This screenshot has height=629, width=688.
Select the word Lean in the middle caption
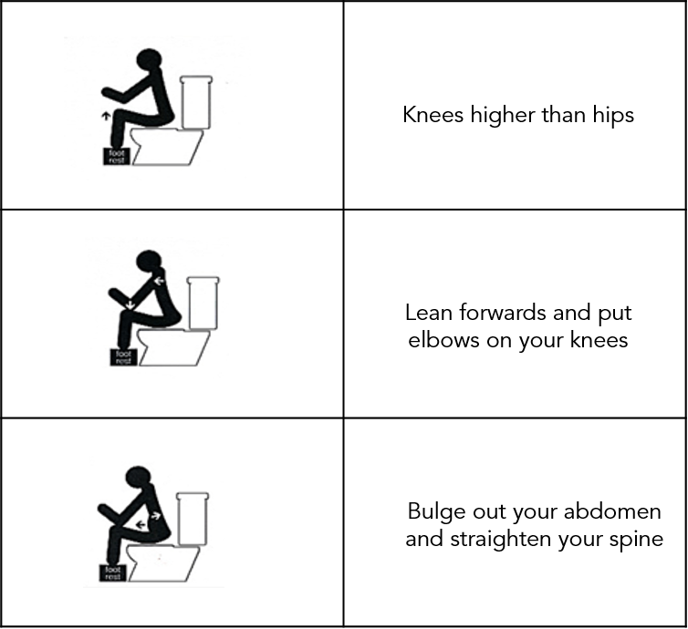[x=429, y=313]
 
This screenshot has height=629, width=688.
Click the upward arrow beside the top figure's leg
[x=106, y=117]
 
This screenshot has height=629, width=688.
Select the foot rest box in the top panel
[x=116, y=155]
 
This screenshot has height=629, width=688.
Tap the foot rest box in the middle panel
[x=122, y=356]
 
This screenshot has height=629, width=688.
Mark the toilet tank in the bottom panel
[x=192, y=517]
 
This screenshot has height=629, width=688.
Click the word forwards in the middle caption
[x=501, y=313]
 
